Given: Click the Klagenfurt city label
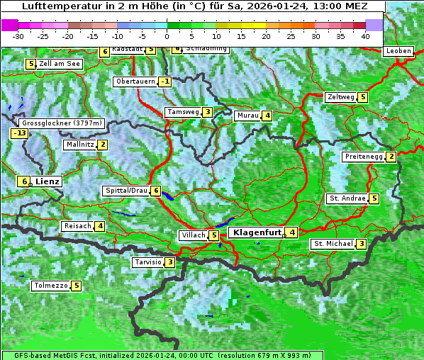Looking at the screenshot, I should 255,232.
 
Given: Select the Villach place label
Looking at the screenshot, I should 193,235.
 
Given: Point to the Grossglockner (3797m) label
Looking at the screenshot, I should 63,123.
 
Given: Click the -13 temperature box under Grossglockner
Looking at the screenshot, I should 19,133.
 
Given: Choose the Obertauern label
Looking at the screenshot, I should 135,81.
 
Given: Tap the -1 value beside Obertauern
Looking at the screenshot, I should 164,81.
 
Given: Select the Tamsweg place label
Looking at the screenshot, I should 182,112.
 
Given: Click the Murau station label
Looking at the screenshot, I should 247,116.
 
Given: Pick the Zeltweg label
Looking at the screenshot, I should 340,97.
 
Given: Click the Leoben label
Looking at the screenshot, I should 398,51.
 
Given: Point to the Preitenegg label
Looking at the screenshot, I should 364,156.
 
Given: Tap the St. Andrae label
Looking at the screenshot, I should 347,198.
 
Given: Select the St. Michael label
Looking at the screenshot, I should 333,244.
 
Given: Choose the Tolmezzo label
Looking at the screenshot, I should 50,286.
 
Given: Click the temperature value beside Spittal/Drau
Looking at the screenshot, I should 156,191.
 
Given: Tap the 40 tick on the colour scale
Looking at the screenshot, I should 365,35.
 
